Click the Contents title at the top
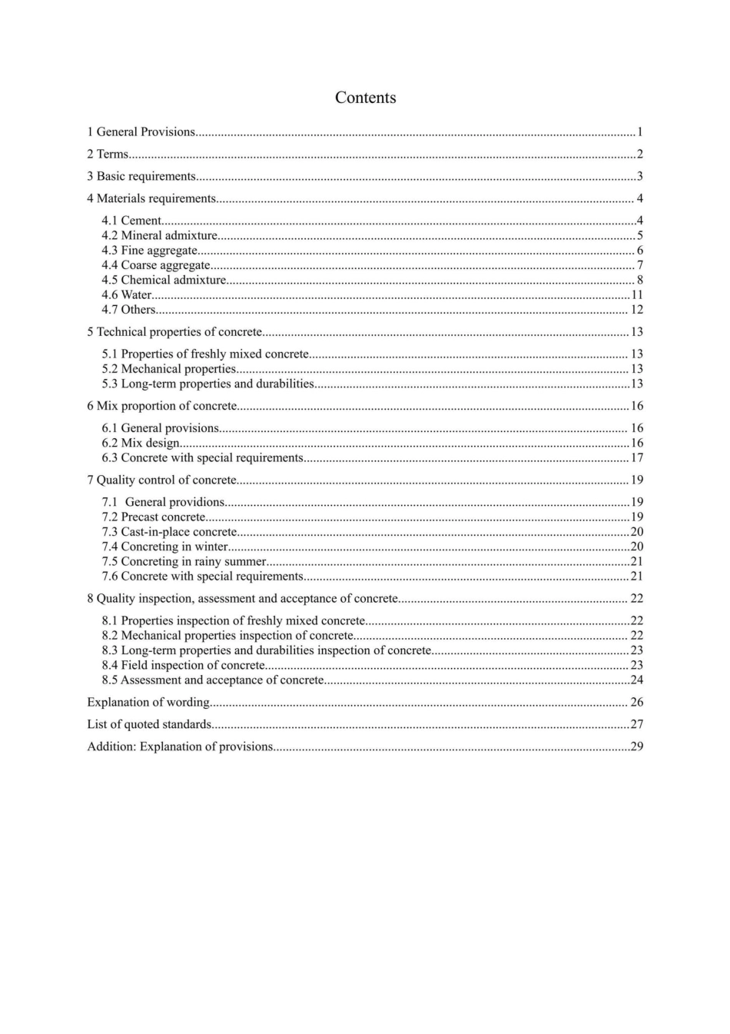click(x=365, y=98)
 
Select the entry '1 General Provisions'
click(x=141, y=132)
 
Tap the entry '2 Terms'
click(x=108, y=155)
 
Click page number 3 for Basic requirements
click(x=639, y=177)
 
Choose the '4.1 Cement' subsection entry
click(x=131, y=221)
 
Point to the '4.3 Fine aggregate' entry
click(x=150, y=251)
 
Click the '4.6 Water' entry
click(x=127, y=295)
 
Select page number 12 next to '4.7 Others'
click(x=636, y=310)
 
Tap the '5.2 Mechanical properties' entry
click(x=169, y=369)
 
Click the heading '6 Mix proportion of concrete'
click(x=162, y=406)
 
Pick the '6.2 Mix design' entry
click(x=141, y=443)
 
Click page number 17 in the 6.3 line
click(x=636, y=458)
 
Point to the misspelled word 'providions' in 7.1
click(x=197, y=502)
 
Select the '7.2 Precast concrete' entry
click(x=154, y=517)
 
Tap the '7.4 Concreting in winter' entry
click(x=165, y=547)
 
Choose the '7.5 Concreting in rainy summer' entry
click(x=184, y=561)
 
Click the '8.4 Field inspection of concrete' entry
click(x=184, y=665)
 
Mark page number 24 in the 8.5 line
click(x=636, y=680)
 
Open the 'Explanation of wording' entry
click(x=148, y=703)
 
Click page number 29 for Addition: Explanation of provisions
click(x=636, y=746)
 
